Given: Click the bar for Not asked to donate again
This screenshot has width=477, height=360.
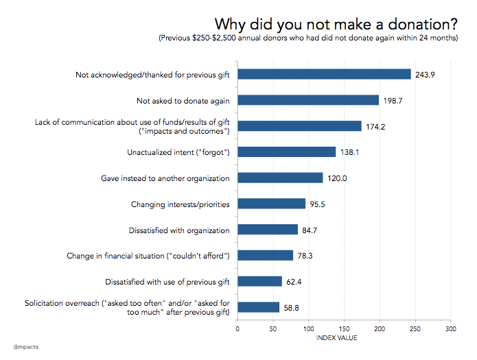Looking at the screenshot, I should pyautogui.click(x=308, y=100).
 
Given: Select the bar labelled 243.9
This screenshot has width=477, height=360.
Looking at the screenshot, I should pyautogui.click(x=324, y=74).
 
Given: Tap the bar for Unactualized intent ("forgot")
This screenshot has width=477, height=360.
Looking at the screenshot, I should pyautogui.click(x=286, y=152).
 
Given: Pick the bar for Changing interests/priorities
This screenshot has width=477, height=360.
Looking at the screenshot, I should pyautogui.click(x=271, y=204).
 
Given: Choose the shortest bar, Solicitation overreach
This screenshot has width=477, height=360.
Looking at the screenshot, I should pyautogui.click(x=258, y=307).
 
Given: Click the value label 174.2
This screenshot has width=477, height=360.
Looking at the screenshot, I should pyautogui.click(x=375, y=126).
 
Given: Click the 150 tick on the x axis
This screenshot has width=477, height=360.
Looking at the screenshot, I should pyautogui.click(x=344, y=328).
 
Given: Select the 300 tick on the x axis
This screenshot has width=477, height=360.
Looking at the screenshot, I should pyautogui.click(x=450, y=328).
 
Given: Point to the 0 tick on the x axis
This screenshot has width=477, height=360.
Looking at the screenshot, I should pyautogui.click(x=237, y=328).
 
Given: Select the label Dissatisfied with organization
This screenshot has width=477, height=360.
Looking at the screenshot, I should pyautogui.click(x=178, y=230).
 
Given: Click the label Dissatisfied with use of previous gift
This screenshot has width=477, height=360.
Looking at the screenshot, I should pyautogui.click(x=167, y=281).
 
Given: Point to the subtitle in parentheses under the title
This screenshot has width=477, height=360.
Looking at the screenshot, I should pyautogui.click(x=308, y=38).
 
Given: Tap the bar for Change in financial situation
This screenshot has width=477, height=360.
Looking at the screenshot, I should pyautogui.click(x=265, y=255).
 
